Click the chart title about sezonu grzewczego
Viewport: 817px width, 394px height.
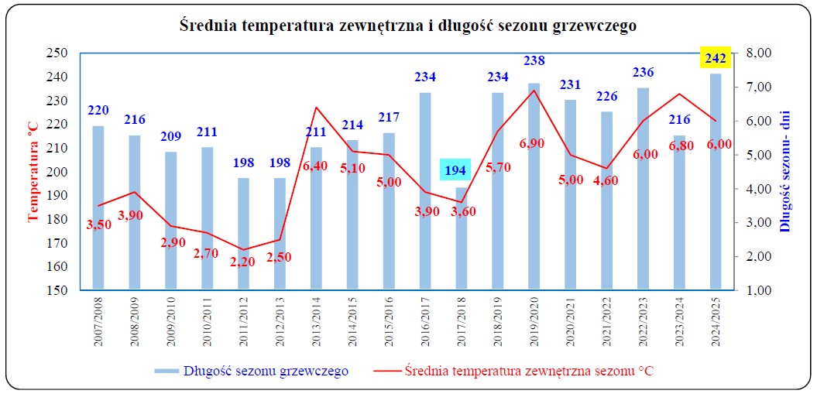[x=408, y=26]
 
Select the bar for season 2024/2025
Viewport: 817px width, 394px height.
[x=716, y=182]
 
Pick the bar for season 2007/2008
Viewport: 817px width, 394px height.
[x=98, y=208]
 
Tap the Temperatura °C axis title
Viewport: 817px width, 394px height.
[x=33, y=172]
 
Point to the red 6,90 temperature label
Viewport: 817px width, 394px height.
[x=534, y=143]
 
